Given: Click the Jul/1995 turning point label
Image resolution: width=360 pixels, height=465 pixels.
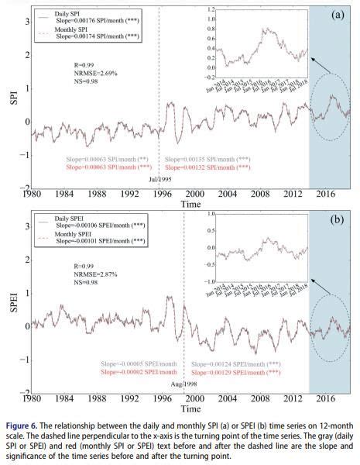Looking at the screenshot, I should (x=159, y=180).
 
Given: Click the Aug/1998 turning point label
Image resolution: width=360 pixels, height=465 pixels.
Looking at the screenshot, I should (x=184, y=384).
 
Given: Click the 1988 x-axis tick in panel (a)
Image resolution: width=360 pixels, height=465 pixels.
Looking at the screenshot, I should (x=96, y=194).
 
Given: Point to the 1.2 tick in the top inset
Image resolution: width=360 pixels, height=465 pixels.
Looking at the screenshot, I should (x=211, y=9).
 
